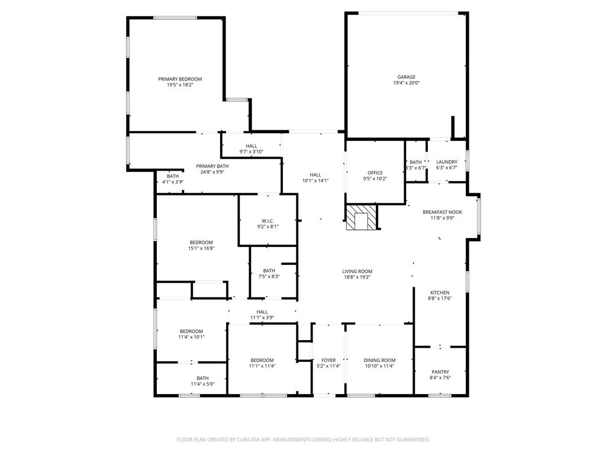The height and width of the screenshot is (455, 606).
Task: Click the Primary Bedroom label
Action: [180, 79]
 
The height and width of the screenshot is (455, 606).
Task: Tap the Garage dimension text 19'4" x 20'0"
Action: [407, 83]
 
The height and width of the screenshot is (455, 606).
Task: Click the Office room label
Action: [375, 173]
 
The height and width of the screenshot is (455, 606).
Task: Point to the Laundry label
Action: [447, 162]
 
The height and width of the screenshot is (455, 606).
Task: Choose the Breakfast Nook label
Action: [442, 212]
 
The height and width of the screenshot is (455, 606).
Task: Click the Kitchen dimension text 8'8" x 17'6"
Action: [440, 299]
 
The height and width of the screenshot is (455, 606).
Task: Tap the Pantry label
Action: [440, 372]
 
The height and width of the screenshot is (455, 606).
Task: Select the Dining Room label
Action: [379, 360]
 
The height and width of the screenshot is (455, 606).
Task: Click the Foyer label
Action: [328, 360]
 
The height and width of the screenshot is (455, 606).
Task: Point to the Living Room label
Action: [357, 271]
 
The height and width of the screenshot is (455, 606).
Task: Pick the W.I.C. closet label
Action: [267, 220]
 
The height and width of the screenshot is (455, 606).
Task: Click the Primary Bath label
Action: [212, 166]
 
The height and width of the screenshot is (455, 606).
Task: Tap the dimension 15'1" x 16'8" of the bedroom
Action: [201, 248]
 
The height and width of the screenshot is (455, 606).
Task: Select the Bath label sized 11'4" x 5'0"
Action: [202, 378]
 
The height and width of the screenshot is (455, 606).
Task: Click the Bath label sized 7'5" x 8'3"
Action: [269, 271]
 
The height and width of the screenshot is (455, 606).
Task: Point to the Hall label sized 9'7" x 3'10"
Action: [252, 146]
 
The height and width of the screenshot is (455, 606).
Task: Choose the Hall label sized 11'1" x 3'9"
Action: [262, 312]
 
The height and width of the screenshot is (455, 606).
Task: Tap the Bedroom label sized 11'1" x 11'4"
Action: [262, 360]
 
